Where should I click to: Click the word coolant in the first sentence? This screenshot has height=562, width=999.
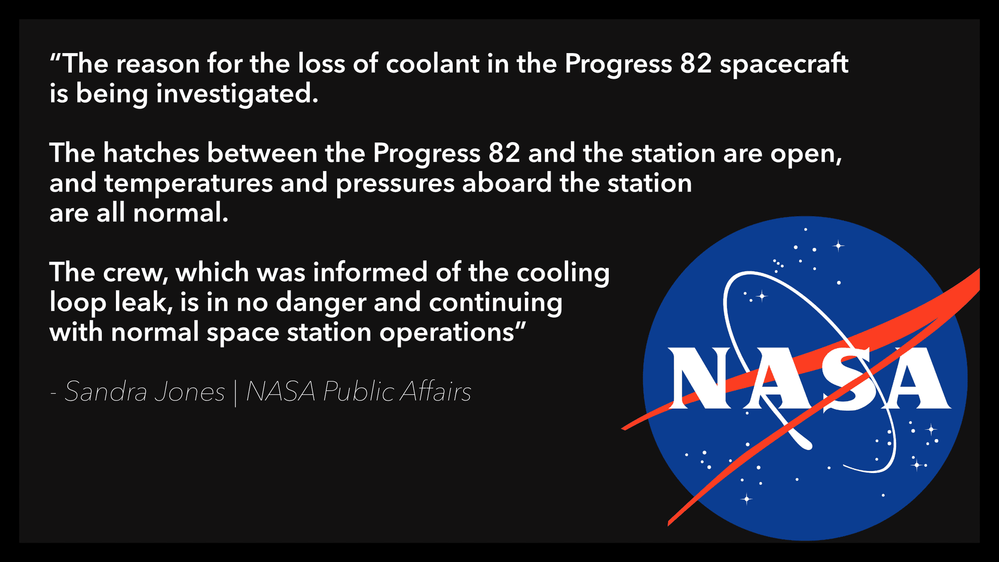432,64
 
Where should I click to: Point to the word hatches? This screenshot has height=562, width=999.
151,154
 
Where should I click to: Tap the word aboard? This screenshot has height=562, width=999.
507,183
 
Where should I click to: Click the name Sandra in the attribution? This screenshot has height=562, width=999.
106,391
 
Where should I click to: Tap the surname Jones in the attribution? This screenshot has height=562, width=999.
190,391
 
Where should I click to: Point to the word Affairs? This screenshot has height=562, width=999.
436,391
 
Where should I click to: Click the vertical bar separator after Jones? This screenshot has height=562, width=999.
235,393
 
